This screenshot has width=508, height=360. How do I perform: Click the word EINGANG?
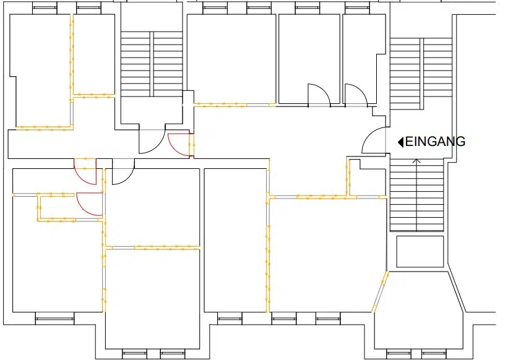pyautogui.click(x=435, y=142)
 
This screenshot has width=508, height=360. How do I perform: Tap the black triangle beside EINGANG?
pyautogui.click(x=401, y=142)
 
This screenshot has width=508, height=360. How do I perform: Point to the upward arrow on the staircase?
pyautogui.click(x=416, y=195)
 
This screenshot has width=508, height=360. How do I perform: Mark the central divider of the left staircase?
pyautogui.click(x=152, y=64)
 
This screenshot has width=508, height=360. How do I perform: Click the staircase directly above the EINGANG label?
pyautogui.click(x=421, y=74)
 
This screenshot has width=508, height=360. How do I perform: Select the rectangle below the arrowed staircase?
pyautogui.click(x=420, y=252)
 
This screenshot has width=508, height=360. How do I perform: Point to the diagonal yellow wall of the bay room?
pyautogui.click(x=381, y=292)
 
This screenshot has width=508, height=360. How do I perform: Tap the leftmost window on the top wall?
pyautogui.click(x=45, y=8)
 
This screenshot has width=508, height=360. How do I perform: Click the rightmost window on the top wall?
pyautogui.click(x=357, y=8)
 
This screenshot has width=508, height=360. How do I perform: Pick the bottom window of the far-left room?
pyautogui.click(x=54, y=319)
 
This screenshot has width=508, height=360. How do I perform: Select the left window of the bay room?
pyautogui.click(x=398, y=354)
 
